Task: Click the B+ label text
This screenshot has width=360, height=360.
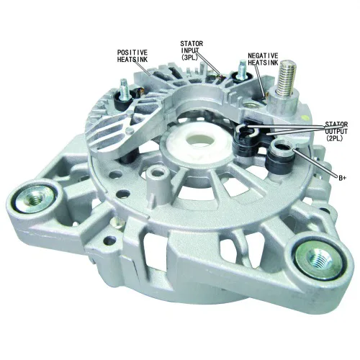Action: coord(343,178)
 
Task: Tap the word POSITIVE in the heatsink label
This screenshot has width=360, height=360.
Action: coord(132,53)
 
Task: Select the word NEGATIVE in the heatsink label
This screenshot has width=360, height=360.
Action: coord(263,55)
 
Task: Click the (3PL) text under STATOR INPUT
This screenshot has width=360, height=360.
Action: coord(189,58)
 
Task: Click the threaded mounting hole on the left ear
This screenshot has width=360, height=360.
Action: coord(34,197)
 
